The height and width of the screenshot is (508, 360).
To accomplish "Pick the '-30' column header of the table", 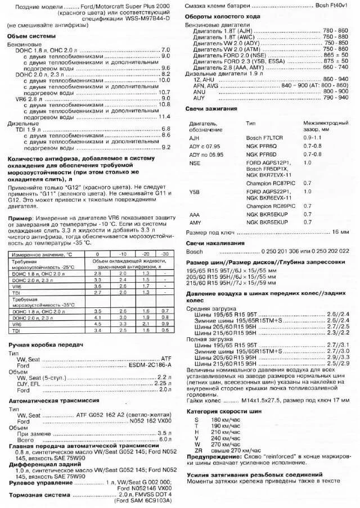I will [x=164, y=255].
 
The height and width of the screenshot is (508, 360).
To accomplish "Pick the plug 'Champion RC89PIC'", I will [x=268, y=206].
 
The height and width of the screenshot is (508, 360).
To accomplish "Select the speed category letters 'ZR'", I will [x=197, y=451].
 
